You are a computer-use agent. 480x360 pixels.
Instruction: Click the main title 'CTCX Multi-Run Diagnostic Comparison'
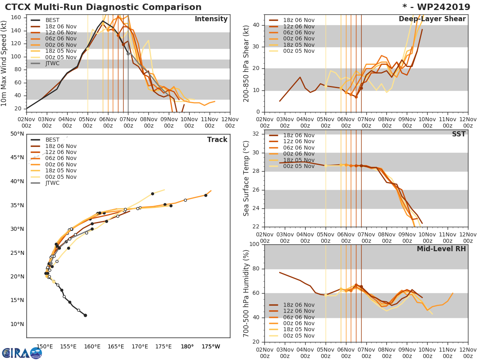coord(103,7)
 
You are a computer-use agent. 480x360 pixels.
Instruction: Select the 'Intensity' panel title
coord(211,19)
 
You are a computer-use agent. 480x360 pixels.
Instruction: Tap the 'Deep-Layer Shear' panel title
coord(432,19)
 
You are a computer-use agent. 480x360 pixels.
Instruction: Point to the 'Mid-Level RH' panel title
coord(441,249)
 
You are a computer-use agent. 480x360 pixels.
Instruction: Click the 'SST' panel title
coord(458,134)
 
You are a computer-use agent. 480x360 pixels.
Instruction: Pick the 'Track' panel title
coord(217,140)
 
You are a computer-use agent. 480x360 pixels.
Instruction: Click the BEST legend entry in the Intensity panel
coord(52,20)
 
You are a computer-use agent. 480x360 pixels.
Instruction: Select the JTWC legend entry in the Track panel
coord(52,183)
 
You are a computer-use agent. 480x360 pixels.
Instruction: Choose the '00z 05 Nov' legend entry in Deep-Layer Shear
coord(298,51)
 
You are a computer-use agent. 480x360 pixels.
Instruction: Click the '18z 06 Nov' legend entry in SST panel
coord(298,135)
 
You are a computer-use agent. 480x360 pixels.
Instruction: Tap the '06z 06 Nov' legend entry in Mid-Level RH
coord(298,317)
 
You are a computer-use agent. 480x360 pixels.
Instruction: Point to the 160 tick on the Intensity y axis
coord(17,18)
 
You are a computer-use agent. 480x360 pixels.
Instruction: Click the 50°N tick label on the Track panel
coord(17,134)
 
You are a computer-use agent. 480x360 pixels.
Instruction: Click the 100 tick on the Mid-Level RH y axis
coord(254,244)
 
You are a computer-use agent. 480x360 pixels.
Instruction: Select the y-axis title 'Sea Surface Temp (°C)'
coord(247,178)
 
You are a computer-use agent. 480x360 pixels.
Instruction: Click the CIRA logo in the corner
coord(22,353)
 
